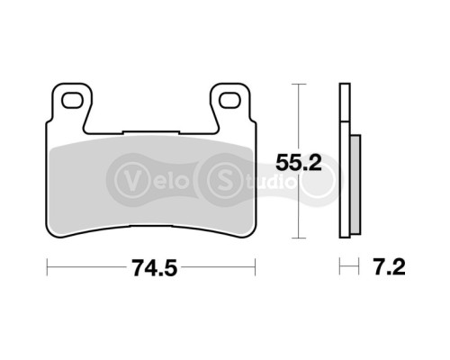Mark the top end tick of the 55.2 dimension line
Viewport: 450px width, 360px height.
point(298,84)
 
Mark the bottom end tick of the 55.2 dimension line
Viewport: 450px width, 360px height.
point(298,239)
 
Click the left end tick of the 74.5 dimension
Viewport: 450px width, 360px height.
point(47,267)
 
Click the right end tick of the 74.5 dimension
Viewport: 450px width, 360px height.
point(256,267)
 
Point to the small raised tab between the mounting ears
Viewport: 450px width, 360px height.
point(150,130)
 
